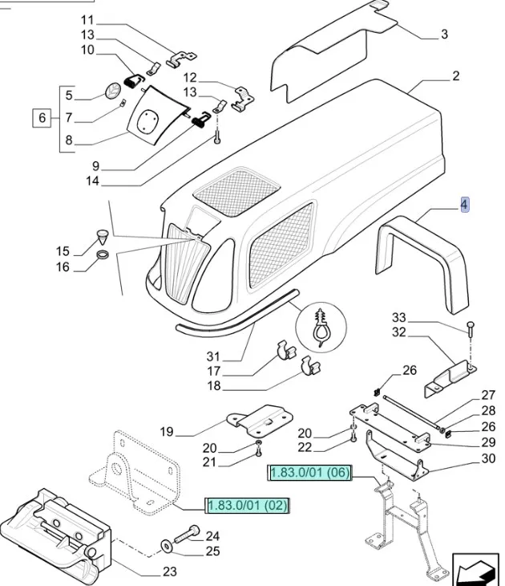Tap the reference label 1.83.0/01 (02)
tap(248, 506)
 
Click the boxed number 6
tap(41, 119)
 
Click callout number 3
tap(444, 35)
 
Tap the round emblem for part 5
tap(112, 87)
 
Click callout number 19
tap(166, 432)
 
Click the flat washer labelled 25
tap(165, 546)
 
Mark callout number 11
tap(87, 19)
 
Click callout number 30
tap(489, 459)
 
